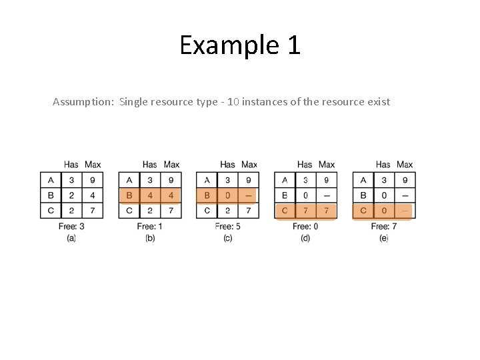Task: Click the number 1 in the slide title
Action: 293,45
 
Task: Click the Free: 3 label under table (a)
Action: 71,227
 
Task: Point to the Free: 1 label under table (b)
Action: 150,227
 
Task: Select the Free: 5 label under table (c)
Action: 228,227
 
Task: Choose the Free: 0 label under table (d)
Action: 305,227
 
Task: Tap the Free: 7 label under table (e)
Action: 383,227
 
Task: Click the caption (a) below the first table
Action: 71,238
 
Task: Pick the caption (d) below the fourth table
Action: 305,238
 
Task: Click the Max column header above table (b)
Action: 171,165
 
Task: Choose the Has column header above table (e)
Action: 383,165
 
